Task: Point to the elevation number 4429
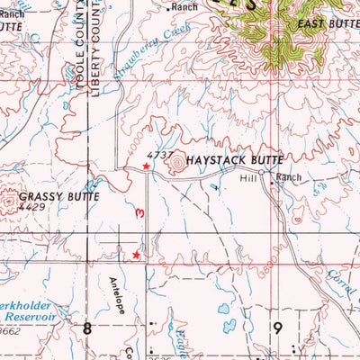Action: pyautogui.click(x=33, y=207)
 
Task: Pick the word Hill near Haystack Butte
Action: pyautogui.click(x=249, y=178)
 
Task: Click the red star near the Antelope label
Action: pyautogui.click(x=136, y=256)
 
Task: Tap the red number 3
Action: pyautogui.click(x=139, y=212)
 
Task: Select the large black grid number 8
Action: pyautogui.click(x=87, y=327)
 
